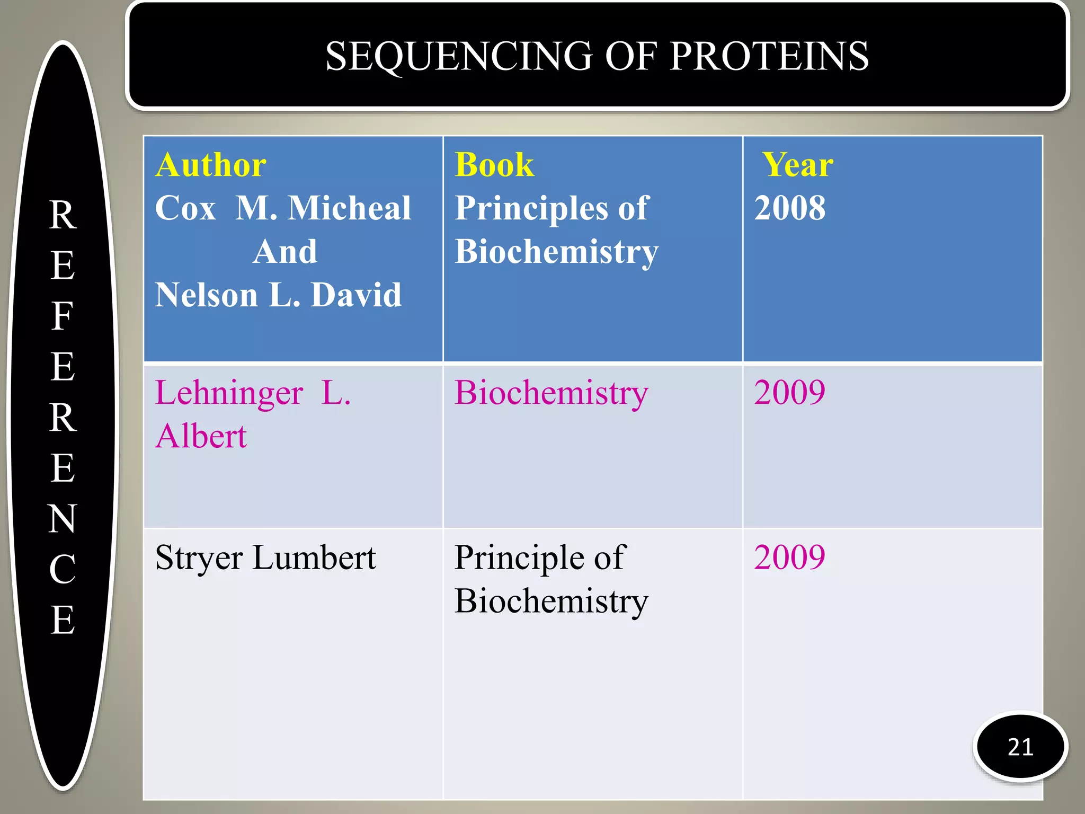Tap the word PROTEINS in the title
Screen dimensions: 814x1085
point(769,56)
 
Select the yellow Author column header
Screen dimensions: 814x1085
point(211,165)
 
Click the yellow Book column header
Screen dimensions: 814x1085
point(494,165)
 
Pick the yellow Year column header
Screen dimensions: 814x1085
point(797,165)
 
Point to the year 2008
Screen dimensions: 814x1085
point(789,208)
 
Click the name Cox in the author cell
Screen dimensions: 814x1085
point(185,208)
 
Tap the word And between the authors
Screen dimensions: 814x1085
point(285,251)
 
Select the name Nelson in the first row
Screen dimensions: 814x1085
point(206,295)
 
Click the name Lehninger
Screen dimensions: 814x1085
point(229,393)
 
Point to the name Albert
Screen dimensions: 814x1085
point(201,437)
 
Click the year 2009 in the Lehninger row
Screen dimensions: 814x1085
point(789,393)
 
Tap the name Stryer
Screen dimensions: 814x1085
point(199,559)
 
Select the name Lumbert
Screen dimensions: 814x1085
point(314,558)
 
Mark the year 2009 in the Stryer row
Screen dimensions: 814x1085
point(789,558)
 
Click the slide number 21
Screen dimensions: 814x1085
point(1020,747)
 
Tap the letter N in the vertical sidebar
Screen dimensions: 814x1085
point(63,518)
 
